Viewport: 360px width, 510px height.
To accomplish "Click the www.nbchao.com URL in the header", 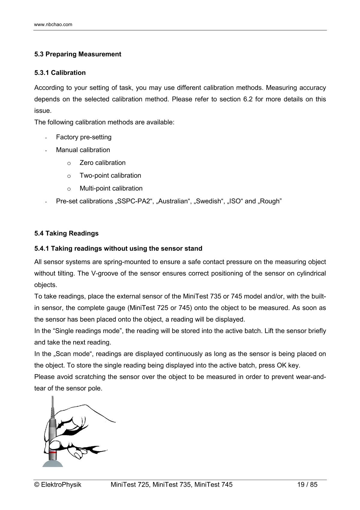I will [x=53, y=25].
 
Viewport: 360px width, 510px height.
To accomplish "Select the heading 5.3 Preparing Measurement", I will [x=77, y=54].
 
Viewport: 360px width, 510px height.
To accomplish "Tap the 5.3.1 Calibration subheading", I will [x=60, y=73].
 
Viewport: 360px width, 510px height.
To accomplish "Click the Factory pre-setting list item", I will [x=83, y=137].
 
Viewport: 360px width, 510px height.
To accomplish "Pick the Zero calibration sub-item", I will [x=102, y=163].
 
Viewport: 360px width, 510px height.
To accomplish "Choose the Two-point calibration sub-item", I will [x=110, y=176].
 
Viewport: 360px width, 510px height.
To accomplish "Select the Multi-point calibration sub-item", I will [x=111, y=188].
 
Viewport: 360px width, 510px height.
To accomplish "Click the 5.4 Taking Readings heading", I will [x=66, y=234].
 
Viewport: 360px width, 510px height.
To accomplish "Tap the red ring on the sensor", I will [x=53, y=452].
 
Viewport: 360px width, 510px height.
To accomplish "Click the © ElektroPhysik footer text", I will [x=58, y=484].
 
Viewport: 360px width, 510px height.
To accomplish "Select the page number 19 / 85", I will [x=307, y=484].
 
